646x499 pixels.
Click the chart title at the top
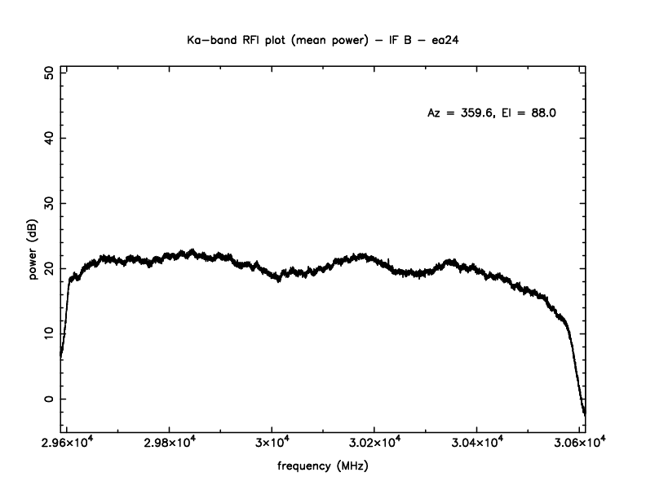click(322, 38)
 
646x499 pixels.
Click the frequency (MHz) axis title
click(322, 469)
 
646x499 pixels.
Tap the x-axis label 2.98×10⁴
click(169, 443)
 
